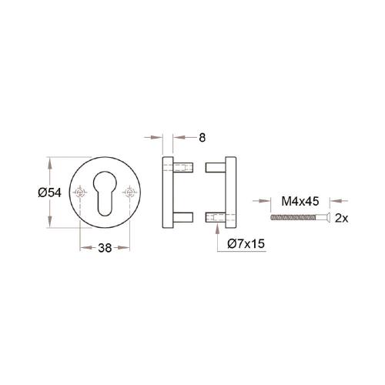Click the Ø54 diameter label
49,193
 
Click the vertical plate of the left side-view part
166,194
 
